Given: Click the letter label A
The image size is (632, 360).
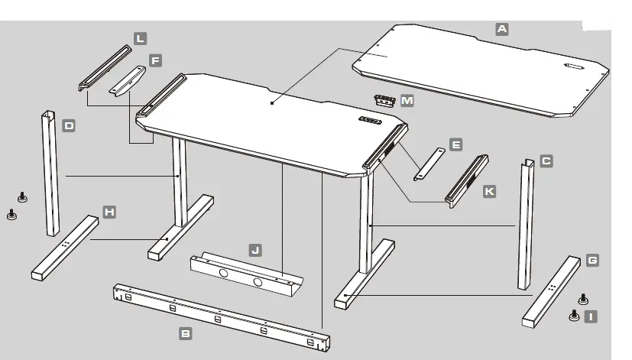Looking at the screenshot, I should tap(502, 29).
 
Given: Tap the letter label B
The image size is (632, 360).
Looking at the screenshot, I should tap(185, 332).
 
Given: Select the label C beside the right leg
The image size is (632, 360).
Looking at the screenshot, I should tap(546, 161).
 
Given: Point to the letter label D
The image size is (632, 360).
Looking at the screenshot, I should tap(69, 125).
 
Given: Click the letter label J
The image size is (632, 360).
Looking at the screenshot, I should tap(255, 249).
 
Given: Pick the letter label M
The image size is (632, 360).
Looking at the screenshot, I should tap(407, 101).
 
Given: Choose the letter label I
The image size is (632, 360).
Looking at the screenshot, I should tap(591, 315).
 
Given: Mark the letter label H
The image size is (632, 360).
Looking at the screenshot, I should tap(109, 211).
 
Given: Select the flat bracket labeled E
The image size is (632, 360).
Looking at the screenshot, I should tap(428, 164).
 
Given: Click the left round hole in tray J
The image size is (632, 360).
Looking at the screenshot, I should tap(222, 271).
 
